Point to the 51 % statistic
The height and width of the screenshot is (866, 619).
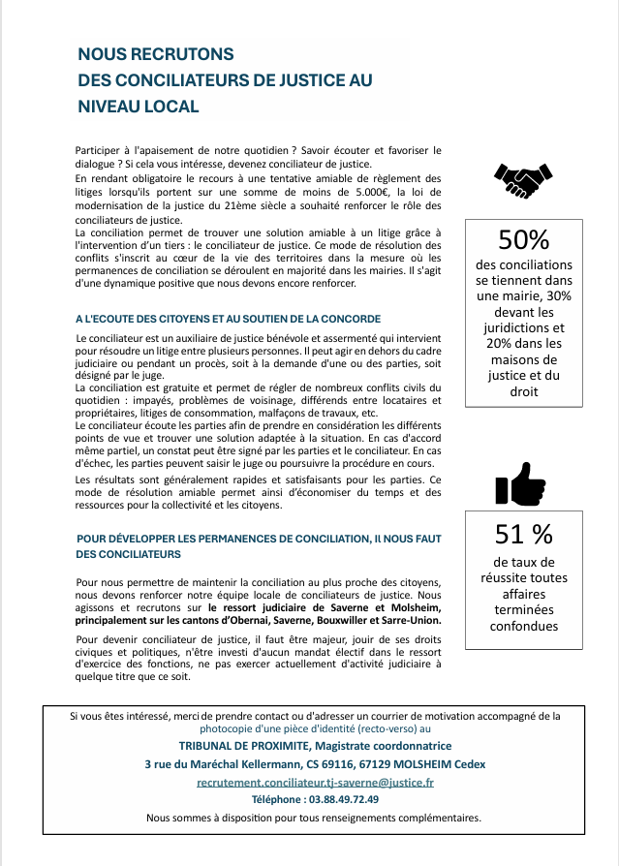523,534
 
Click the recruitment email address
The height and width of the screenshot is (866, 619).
315,782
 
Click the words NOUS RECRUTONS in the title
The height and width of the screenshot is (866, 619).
156,55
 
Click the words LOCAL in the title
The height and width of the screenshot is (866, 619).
174,107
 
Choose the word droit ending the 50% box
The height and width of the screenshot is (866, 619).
523,391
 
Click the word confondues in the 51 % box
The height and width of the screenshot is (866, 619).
523,626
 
